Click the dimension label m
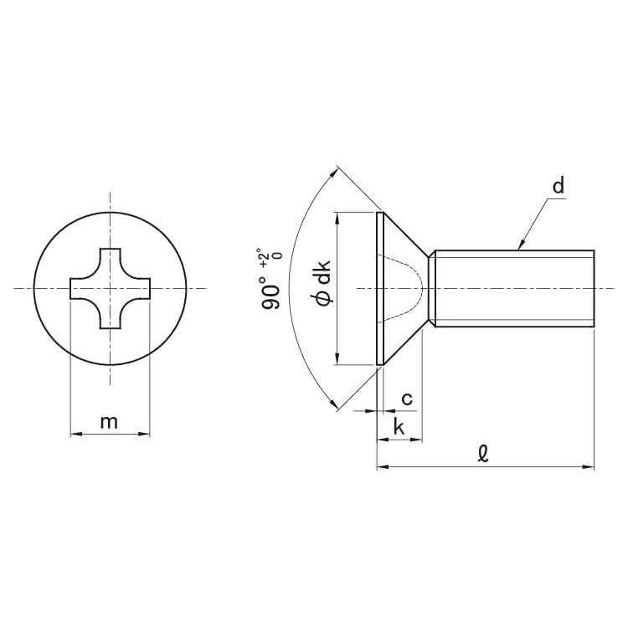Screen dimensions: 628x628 109,422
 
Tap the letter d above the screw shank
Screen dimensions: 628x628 559,185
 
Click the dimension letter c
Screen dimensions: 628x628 407,399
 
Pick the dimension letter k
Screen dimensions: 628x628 399,426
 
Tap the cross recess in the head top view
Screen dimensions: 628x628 111,288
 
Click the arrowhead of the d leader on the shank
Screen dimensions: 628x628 522,245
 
